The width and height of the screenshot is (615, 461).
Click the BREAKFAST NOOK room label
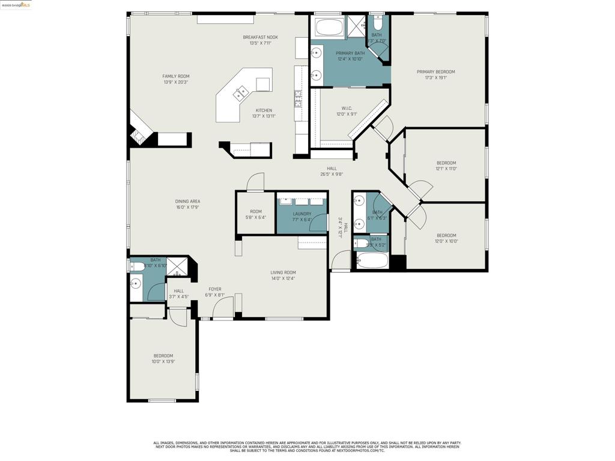(260, 37)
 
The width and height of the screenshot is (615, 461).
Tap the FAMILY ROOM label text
(175, 76)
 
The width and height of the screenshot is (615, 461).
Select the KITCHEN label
(264, 110)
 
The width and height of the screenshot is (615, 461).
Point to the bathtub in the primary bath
(329, 27)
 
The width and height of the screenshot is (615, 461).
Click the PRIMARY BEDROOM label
(435, 72)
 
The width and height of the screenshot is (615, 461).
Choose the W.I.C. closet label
(347, 109)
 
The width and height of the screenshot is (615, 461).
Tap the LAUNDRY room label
(302, 214)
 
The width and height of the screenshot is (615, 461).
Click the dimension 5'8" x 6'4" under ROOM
(256, 217)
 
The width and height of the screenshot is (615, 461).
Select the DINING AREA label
(187, 202)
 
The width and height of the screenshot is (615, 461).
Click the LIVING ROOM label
(282, 273)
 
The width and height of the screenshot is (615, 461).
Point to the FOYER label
(214, 289)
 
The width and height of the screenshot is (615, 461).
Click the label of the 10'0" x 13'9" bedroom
(163, 356)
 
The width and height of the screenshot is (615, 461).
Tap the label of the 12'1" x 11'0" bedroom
(446, 163)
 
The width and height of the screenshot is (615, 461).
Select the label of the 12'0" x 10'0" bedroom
(446, 235)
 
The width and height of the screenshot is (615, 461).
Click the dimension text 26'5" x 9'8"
(331, 175)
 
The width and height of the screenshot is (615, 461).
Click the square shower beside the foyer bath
(177, 267)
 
